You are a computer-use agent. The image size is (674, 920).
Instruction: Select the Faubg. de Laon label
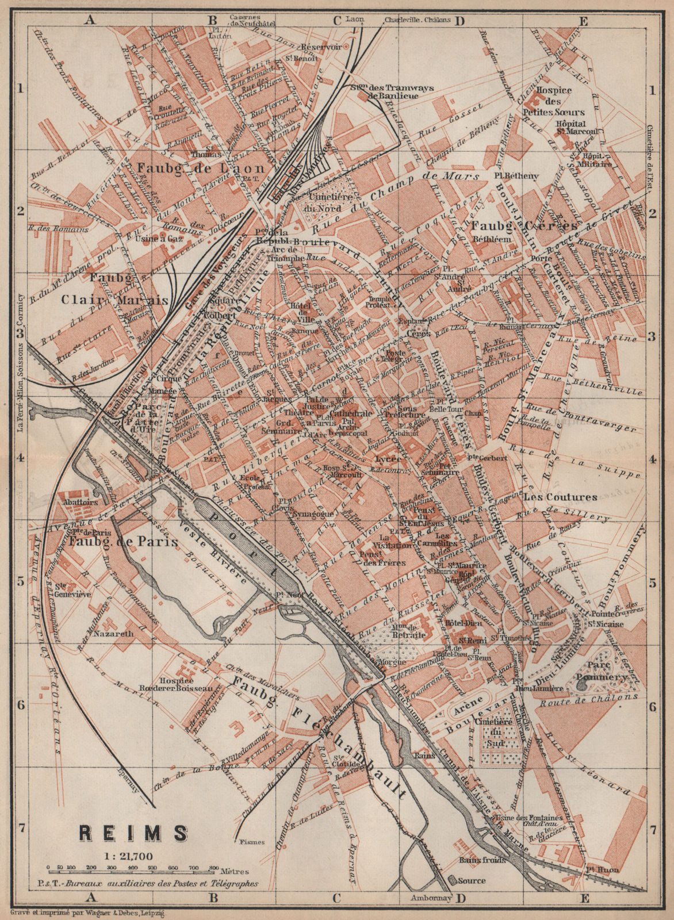tap(200, 168)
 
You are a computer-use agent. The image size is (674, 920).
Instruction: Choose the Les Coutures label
tap(560, 497)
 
